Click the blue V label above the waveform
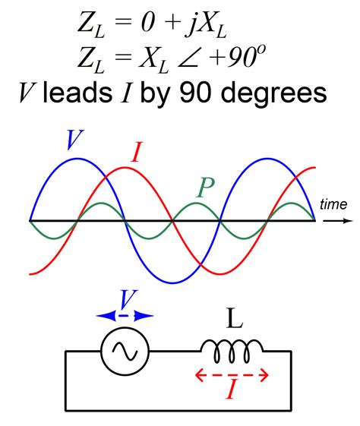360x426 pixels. click(74, 140)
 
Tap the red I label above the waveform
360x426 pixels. click(137, 152)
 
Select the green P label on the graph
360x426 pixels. click(206, 188)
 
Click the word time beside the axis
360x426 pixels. click(333, 204)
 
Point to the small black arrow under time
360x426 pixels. click(338, 221)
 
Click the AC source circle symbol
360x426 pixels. click(125, 352)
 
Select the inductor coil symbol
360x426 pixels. click(232, 351)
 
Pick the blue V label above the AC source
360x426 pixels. click(128, 300)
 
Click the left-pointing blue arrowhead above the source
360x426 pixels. click(106, 316)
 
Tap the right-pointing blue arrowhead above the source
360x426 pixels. click(144, 316)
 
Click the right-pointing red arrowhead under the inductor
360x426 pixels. click(264, 375)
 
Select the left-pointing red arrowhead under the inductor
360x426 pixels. click(200, 375)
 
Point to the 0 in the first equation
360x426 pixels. click(148, 23)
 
